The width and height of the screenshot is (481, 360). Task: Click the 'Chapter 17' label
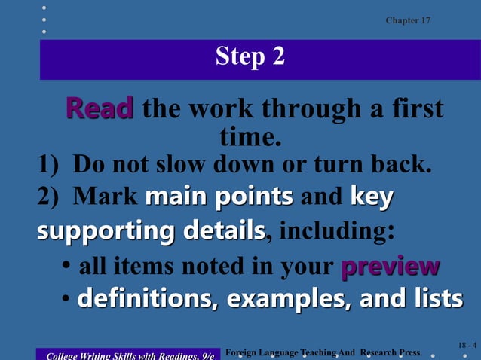408,20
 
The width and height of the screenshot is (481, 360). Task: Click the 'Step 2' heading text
250,56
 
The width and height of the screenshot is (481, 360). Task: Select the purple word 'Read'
100,108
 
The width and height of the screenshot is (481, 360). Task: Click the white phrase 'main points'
219,197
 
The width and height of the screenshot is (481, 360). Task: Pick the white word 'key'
372,197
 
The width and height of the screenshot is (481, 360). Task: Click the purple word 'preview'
390,266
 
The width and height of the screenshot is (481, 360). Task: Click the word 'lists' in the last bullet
436,298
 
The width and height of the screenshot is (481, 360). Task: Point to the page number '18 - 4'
467,345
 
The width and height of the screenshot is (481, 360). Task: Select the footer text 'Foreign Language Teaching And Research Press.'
323,352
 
